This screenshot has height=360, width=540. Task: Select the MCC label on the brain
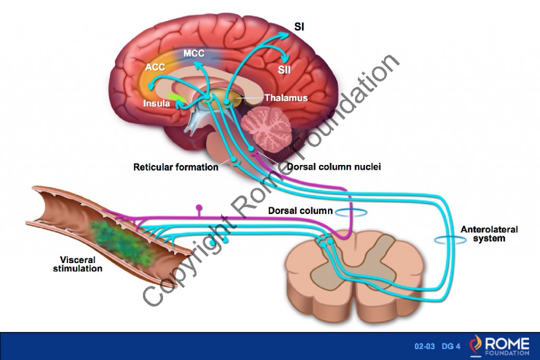click(194, 53)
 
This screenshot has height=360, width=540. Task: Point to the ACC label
click(155, 68)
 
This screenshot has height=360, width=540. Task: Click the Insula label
click(157, 103)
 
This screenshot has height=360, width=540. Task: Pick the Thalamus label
click(286, 98)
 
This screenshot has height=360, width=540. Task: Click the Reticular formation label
click(176, 168)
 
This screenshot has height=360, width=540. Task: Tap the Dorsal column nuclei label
click(334, 167)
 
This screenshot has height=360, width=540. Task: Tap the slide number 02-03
click(425, 346)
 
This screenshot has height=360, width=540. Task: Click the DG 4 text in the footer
click(451, 346)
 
